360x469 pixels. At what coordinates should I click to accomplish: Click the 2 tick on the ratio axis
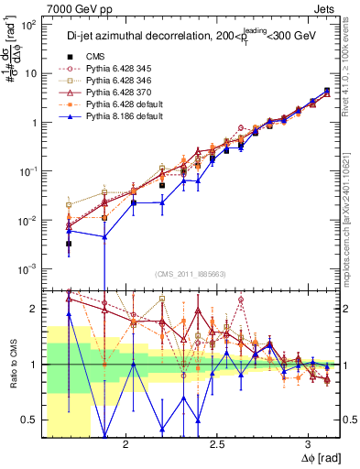[34, 309]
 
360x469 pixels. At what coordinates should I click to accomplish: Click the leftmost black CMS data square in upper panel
[69, 244]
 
